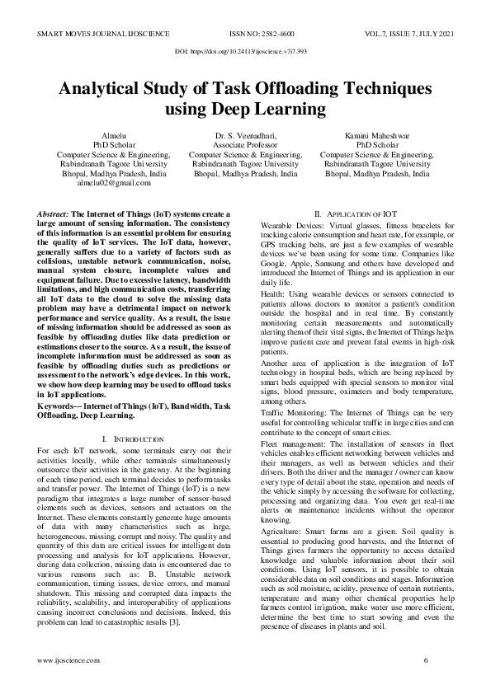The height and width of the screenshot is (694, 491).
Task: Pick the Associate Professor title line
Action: (x=245, y=145)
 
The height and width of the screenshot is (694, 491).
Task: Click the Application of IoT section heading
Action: (x=356, y=213)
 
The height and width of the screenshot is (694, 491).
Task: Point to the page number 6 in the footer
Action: (x=426, y=661)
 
